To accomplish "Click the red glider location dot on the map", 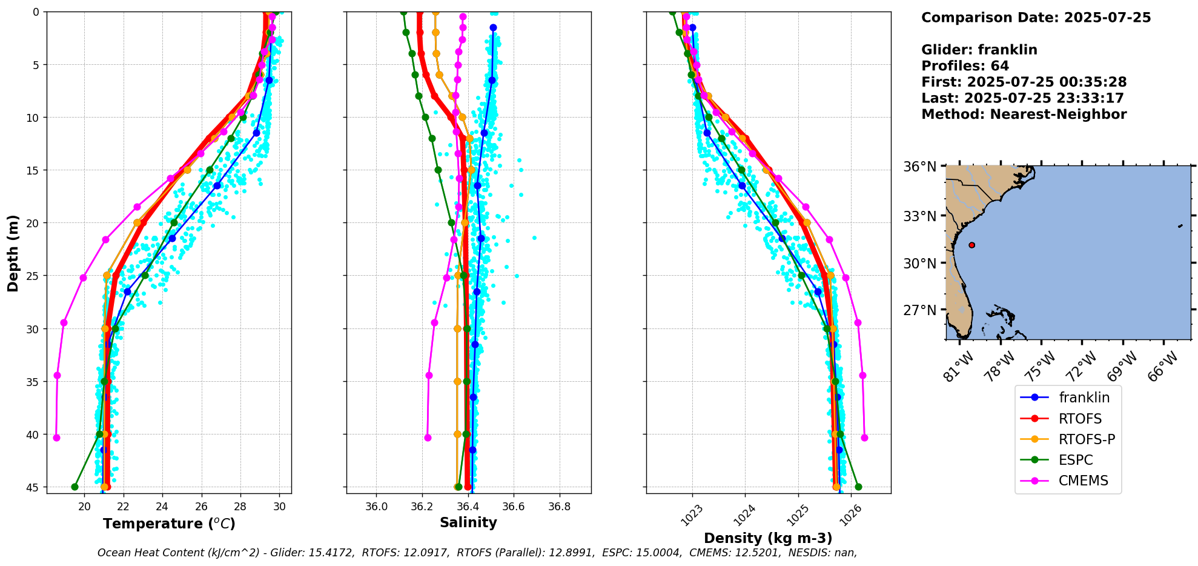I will pos(971,245).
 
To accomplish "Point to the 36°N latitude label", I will pos(920,167).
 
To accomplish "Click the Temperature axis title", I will pos(169,524).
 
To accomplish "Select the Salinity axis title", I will pos(468,522).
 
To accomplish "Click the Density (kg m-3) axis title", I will pos(768,538).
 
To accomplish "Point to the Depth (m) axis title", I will pos(13,253).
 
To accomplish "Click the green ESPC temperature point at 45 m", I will pos(74,487).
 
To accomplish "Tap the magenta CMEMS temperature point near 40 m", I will pos(56,438).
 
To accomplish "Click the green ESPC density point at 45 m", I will pos(858,487).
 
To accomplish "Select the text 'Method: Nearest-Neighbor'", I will pos(1024,114).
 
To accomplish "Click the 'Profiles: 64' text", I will pos(965,65).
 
